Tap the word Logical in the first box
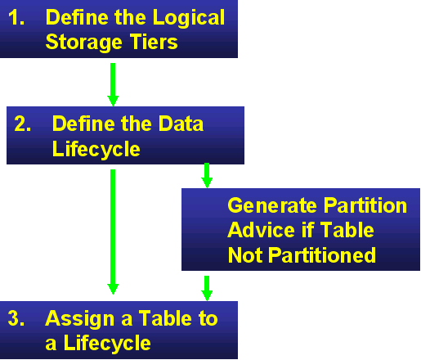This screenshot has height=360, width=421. coord(189,17)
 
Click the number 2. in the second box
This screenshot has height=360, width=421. coord(24,124)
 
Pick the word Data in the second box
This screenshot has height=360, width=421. coord(180,124)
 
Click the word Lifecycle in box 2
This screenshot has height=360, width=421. coord(96,149)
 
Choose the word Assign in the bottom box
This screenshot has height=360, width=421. coord(76,318)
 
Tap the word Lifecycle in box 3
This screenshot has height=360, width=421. coord(98,343)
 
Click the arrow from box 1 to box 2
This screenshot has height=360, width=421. coord(113,83)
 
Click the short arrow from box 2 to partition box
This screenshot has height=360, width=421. coord(207,175)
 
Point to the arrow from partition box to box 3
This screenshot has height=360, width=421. coord(207,287)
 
